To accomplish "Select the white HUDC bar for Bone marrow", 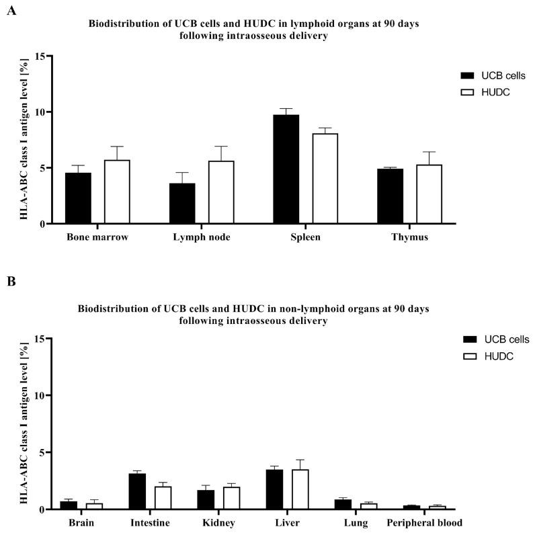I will click(x=117, y=192).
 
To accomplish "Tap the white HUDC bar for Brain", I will click(x=94, y=506).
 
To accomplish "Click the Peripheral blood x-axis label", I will click(x=425, y=522).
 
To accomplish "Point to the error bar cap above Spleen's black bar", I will click(x=286, y=108).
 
